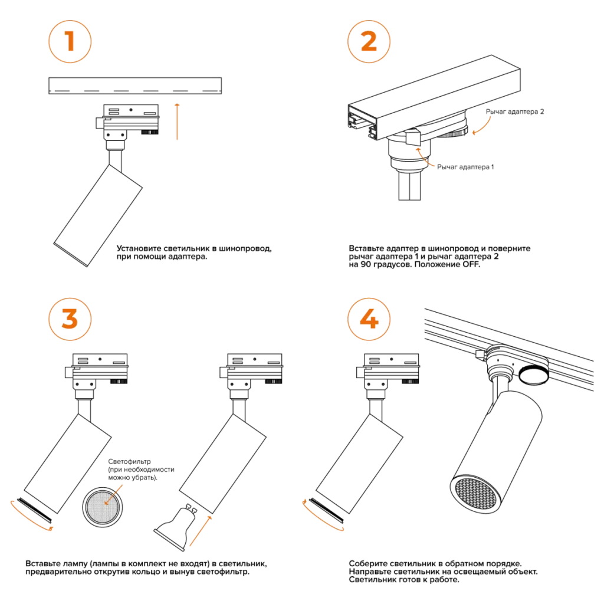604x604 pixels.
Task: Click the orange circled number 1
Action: [70, 42]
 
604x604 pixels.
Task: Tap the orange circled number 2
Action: [369, 42]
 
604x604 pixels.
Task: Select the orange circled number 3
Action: [70, 319]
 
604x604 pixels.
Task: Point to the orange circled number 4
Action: [369, 319]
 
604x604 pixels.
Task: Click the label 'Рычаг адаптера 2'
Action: [514, 111]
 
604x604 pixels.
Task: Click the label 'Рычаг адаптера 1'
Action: [465, 167]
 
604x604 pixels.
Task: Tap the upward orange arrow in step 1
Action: [177, 122]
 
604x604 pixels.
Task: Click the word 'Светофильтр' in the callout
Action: [129, 461]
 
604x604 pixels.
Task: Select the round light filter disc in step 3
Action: [103, 507]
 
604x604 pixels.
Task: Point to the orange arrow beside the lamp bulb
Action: [201, 531]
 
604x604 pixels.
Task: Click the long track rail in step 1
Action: [135, 86]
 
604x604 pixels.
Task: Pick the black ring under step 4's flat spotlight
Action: [326, 510]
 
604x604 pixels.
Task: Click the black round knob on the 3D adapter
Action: [533, 375]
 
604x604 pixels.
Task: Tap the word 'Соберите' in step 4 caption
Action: [367, 564]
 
